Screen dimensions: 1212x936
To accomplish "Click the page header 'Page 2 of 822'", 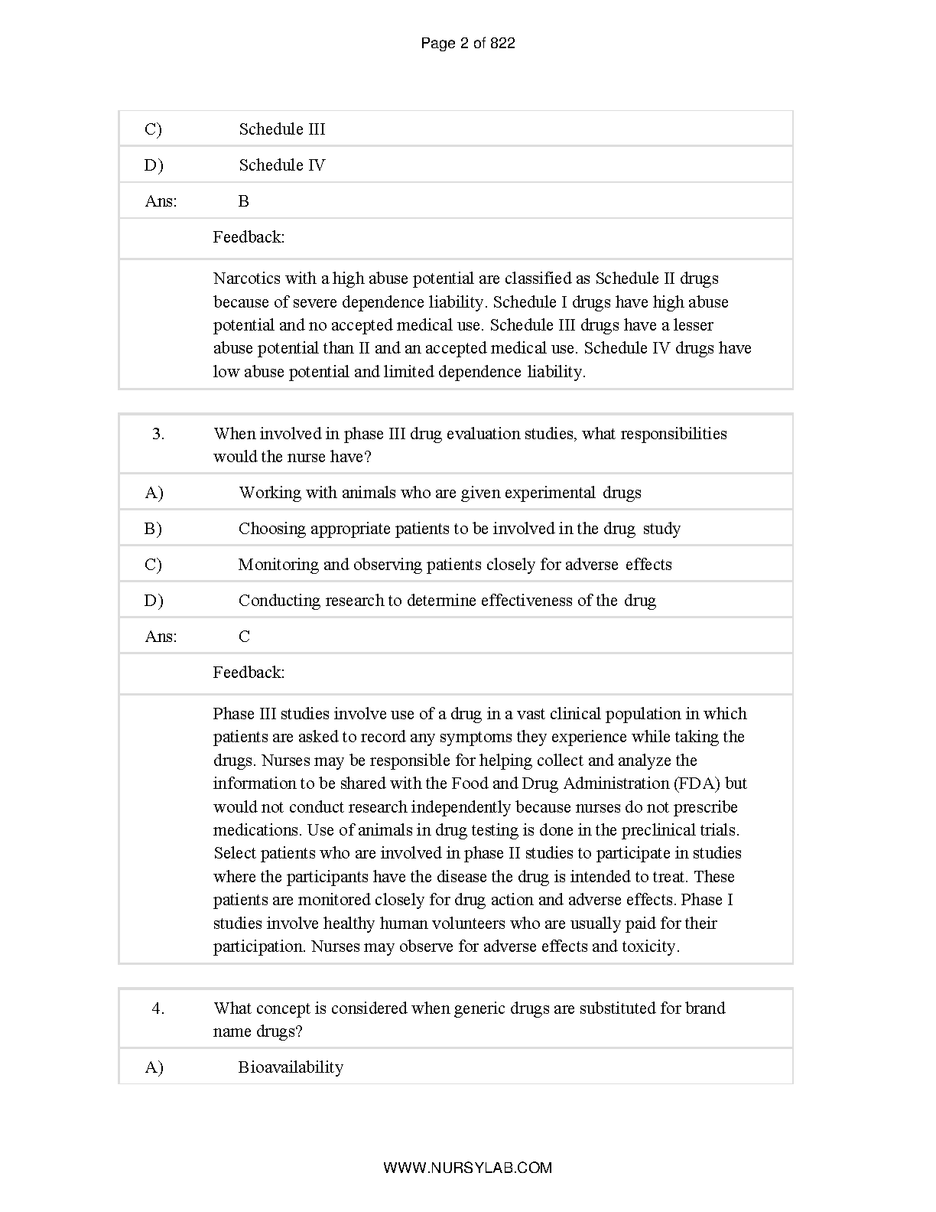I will coord(467,44).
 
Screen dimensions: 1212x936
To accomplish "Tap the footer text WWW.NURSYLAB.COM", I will coord(467,1168).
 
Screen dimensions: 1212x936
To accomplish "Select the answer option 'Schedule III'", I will coord(281,129).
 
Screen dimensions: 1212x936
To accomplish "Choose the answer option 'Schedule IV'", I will coord(281,165).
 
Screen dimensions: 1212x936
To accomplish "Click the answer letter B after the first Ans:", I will coord(244,201).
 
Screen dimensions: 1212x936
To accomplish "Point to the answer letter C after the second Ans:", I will coord(244,637).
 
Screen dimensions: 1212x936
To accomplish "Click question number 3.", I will coord(158,434).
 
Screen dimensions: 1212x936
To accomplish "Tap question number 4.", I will coord(158,1008).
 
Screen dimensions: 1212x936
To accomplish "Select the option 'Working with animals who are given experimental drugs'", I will coord(440,493).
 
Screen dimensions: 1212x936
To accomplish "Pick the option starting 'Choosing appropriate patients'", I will coord(459,529).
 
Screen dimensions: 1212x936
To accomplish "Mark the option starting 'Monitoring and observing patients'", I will coord(455,565).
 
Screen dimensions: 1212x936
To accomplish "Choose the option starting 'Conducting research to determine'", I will coord(447,601).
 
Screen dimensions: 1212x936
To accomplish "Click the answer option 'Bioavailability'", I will coord(291,1067).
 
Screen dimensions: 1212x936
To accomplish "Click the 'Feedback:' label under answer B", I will coord(249,237).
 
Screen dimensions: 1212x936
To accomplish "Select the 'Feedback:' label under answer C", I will coord(249,673).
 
